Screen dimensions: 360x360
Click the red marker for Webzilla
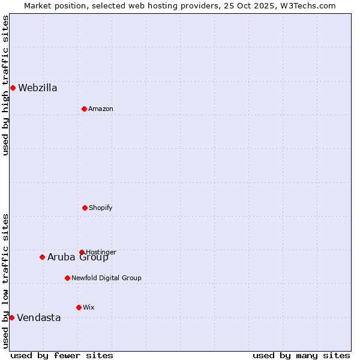[x=13, y=88]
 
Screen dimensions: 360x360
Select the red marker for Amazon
[x=84, y=109]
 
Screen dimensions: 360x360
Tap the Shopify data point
[x=85, y=208]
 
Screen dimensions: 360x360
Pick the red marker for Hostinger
[x=82, y=252]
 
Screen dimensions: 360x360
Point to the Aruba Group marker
[x=42, y=257]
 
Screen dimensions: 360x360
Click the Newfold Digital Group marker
[x=67, y=278]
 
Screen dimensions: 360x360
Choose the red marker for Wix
[x=79, y=307]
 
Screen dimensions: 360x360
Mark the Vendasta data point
[x=11, y=317]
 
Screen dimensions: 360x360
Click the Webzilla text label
[x=38, y=88]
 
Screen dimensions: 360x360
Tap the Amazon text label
[x=101, y=109]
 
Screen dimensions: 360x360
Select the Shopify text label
[x=101, y=208]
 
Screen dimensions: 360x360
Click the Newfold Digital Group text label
[x=106, y=278]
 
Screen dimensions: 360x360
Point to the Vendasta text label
[x=39, y=318]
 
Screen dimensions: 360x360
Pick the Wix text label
[x=89, y=308]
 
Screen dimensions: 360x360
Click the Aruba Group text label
[x=78, y=258]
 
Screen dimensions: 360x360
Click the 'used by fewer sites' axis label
[x=62, y=356]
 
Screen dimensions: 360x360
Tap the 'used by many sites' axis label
[x=301, y=356]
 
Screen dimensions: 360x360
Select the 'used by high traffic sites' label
[x=5, y=85]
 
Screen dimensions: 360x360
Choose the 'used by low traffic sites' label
[x=5, y=281]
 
